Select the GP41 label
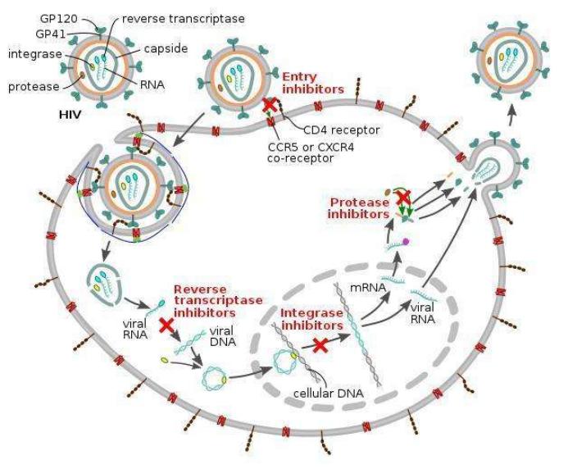37,34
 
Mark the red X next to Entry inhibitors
266,107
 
